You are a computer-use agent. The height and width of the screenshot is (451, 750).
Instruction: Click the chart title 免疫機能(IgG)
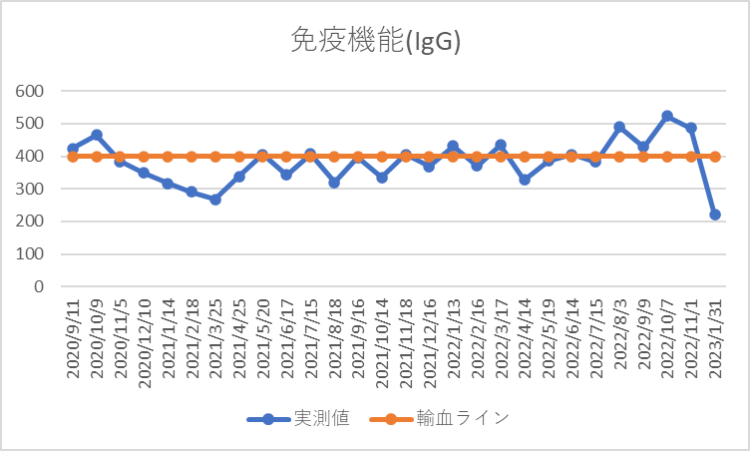[374, 42]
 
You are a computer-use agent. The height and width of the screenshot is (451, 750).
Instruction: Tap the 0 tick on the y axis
[40, 286]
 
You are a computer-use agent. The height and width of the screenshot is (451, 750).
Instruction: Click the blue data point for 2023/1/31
[714, 215]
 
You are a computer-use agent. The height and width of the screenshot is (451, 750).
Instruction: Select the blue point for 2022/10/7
[667, 116]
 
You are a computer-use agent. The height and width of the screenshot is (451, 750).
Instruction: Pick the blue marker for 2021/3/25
[215, 200]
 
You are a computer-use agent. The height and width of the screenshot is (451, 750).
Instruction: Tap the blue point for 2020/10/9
[97, 135]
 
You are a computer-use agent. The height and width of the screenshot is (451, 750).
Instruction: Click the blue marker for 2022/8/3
[619, 127]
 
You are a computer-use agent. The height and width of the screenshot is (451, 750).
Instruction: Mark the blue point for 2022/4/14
[525, 180]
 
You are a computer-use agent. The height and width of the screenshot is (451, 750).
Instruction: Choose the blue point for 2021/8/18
[334, 183]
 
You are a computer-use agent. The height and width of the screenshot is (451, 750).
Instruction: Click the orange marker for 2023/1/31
[714, 157]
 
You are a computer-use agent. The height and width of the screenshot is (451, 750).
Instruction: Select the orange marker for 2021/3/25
[215, 157]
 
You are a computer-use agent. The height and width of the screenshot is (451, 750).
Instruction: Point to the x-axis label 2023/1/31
[715, 338]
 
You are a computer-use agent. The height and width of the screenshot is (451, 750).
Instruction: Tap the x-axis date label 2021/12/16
[430, 338]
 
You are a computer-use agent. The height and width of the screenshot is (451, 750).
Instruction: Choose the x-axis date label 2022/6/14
[572, 338]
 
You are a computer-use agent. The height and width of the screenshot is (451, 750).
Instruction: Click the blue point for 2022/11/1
[691, 128]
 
